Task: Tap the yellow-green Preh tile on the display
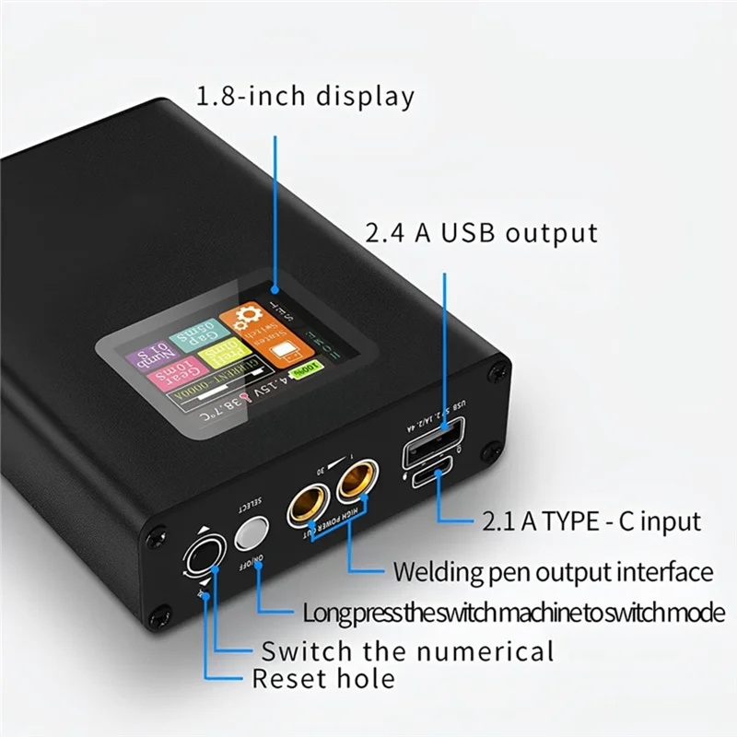pos(218,351)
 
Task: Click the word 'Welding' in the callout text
pos(436,571)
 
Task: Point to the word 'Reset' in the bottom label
pos(287,680)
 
